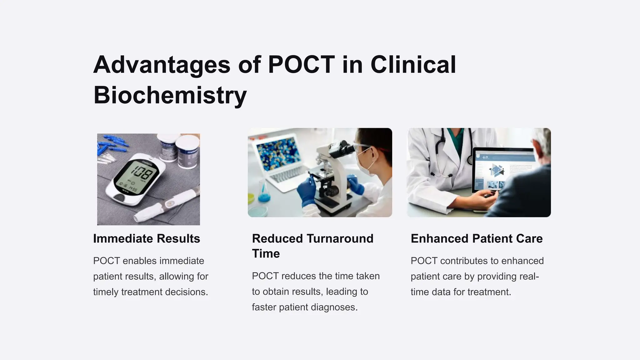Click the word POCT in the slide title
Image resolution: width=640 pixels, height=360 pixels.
pos(301,65)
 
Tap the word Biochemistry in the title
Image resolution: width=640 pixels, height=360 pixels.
pos(170,95)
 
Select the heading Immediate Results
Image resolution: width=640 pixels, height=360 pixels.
pos(147,238)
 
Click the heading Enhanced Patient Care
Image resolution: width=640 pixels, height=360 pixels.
pos(477,238)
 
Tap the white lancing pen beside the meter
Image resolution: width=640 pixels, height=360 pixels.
pos(169,203)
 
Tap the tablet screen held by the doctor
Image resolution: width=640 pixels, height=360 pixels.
pos(503,170)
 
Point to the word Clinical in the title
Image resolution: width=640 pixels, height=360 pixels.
pos(413,65)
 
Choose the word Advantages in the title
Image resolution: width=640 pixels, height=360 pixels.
pos(162,65)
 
